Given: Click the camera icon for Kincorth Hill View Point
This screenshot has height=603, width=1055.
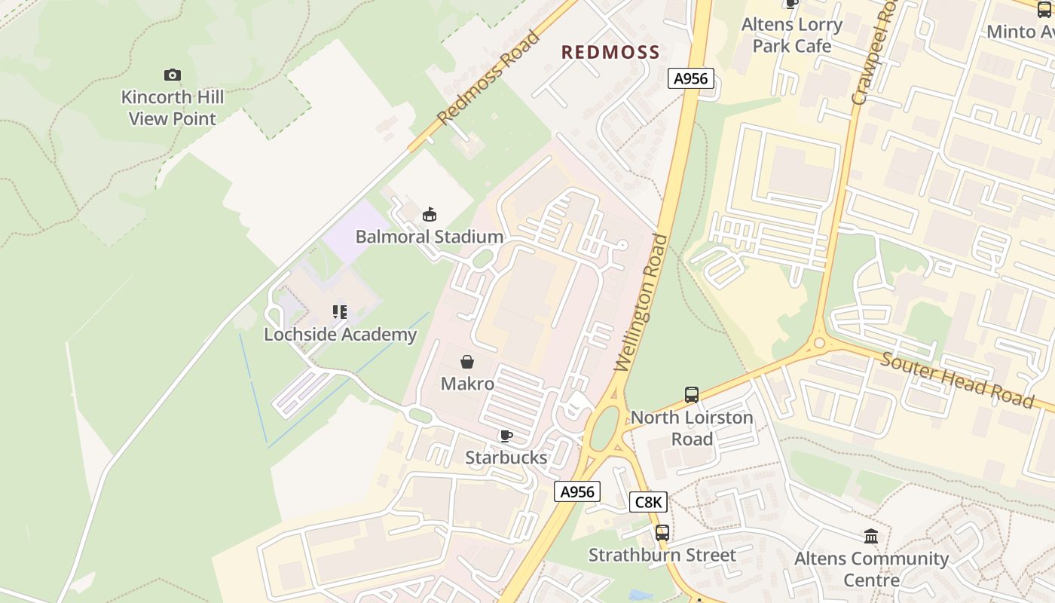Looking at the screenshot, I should pos(173,75).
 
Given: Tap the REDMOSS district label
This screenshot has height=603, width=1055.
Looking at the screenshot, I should pos(610,52).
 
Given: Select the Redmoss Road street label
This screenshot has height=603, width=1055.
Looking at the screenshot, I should pos(488,78).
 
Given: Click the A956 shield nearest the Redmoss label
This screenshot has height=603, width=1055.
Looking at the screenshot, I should pos(690,78).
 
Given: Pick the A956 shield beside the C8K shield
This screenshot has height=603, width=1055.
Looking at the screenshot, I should pos(577,492).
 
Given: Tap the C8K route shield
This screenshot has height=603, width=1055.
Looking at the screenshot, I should pos(648,502).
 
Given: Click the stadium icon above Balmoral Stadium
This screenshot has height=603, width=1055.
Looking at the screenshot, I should pos(429,215).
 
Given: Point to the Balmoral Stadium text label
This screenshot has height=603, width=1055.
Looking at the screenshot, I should pos(429,237).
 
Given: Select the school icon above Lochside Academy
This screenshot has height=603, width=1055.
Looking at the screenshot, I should pos(340,312).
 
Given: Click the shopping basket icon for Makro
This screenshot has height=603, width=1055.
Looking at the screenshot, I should pos(467,362).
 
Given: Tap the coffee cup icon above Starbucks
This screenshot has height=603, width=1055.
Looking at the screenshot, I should pos(506,436).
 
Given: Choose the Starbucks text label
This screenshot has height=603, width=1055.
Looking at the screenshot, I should pos(506,458).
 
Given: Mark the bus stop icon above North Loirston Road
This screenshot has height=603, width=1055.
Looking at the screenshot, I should pos(691,394).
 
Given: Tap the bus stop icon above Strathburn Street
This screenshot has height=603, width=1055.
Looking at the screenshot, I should pos(662,533).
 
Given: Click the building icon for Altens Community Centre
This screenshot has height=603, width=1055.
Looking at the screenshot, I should pos(871,536).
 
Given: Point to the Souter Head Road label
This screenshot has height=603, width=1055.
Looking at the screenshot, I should pos(957,380).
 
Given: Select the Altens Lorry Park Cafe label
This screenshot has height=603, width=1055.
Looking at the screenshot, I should pos(791,35).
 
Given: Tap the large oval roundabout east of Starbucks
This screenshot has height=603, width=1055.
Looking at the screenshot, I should pos(604,430).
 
